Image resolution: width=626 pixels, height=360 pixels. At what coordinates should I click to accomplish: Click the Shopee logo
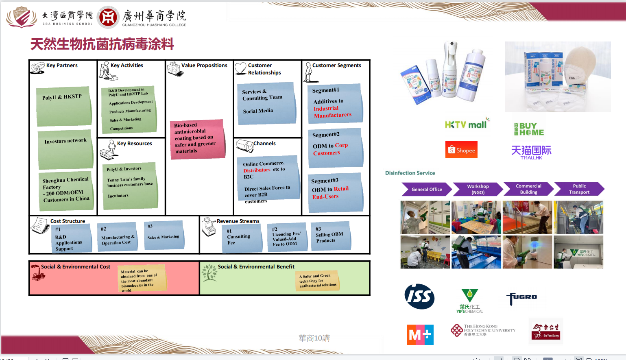point(461,150)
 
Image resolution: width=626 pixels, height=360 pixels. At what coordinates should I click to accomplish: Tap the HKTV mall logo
point(467,124)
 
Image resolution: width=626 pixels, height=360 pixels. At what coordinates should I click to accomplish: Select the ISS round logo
point(419,297)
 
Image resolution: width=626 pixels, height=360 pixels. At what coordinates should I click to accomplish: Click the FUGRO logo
point(521,298)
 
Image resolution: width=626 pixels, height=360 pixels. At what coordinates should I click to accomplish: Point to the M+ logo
point(420,334)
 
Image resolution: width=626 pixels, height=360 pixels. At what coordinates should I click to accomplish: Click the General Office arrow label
point(427,189)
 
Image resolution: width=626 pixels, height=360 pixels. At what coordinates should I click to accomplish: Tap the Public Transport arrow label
point(579,189)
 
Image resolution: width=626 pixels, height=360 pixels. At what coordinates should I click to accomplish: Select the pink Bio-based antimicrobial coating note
point(197,138)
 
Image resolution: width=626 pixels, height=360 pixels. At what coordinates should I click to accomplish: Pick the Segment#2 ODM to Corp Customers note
point(335,148)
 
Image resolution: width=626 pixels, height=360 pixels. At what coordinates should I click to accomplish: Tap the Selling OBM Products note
point(330,236)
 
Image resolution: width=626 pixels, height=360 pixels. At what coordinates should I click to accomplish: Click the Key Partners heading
point(62,65)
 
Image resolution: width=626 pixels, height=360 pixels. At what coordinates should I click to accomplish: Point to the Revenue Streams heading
point(238,221)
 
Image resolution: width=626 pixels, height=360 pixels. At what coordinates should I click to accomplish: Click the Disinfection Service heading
point(410,173)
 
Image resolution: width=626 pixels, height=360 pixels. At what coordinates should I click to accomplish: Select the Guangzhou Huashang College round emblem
point(108,17)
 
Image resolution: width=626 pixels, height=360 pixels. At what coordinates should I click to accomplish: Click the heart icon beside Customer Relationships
point(240,68)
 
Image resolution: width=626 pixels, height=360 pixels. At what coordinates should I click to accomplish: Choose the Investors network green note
point(65,149)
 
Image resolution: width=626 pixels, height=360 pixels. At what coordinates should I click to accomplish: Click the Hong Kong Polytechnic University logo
point(483,330)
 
